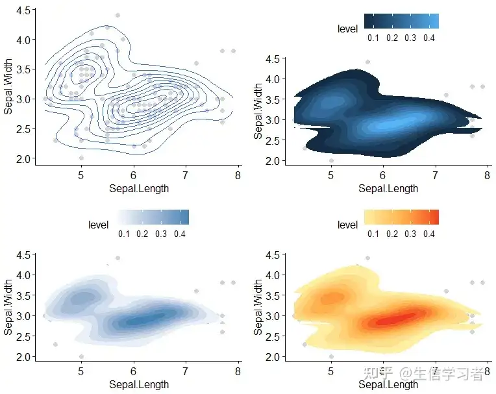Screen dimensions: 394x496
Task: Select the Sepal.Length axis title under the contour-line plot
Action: point(139,188)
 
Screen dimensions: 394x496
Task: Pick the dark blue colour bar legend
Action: point(401,21)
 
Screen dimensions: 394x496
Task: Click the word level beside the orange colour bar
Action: point(348,225)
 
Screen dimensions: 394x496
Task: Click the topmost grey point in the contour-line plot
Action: point(118,15)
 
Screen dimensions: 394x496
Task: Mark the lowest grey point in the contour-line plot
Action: point(81,158)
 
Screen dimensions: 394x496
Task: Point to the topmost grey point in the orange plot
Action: point(367,258)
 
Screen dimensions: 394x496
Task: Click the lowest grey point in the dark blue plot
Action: point(331,160)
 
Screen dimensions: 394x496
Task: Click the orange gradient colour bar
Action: point(401,217)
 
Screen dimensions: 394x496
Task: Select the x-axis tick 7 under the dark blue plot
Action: point(436,176)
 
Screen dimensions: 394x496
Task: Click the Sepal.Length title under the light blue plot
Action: point(139,384)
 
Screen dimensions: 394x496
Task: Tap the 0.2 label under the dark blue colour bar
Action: point(391,38)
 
